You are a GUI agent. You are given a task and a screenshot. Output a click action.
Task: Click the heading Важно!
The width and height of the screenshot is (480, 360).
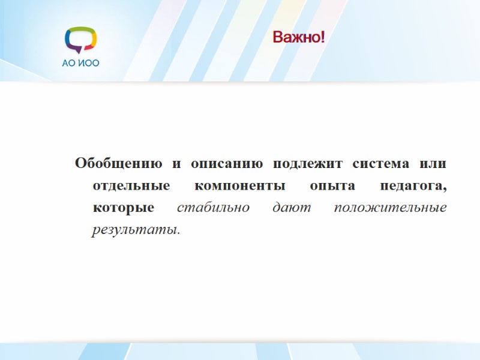[x=299, y=38]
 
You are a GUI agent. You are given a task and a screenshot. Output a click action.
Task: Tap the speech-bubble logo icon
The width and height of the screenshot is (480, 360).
[x=80, y=41]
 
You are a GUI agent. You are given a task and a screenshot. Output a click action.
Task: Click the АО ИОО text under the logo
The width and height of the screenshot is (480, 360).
[x=80, y=63]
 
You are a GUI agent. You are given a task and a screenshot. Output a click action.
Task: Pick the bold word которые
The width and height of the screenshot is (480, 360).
[x=124, y=208]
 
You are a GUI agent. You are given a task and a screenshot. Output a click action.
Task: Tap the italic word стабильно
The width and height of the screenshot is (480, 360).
[x=208, y=208]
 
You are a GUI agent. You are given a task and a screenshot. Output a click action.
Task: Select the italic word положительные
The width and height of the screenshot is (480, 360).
[x=390, y=208]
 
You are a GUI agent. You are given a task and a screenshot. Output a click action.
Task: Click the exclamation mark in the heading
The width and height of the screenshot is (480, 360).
[x=322, y=38]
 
